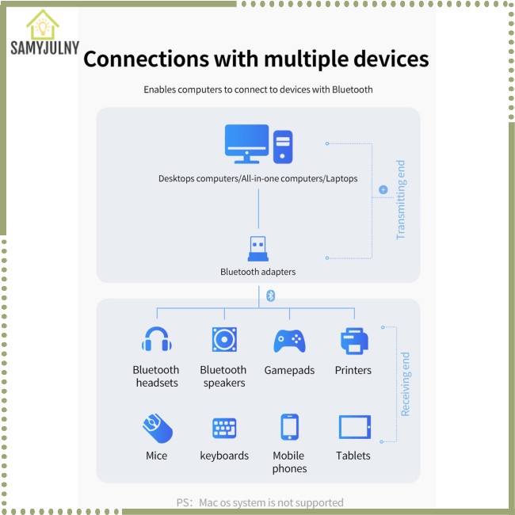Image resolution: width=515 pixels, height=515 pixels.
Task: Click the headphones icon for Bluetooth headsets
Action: [x=156, y=340]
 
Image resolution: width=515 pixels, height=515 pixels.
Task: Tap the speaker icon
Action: [x=223, y=340]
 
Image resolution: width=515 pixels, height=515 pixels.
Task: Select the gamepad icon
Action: [x=289, y=341]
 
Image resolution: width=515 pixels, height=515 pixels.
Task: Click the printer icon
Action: [x=353, y=341]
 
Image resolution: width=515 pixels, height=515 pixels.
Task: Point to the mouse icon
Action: [x=156, y=428]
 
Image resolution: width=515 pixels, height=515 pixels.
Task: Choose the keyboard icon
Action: [x=224, y=428]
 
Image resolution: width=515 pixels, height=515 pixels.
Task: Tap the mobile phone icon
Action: [x=289, y=427]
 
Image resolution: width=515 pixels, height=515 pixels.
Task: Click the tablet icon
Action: [x=353, y=427]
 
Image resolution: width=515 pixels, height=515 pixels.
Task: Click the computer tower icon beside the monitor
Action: [x=283, y=147]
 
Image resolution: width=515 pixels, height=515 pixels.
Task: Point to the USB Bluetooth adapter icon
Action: [x=258, y=249]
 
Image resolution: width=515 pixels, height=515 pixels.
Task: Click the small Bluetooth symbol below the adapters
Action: [x=269, y=295]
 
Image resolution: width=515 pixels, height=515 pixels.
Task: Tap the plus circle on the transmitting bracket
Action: [x=383, y=190]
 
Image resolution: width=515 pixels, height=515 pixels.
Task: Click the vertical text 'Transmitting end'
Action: [x=401, y=200]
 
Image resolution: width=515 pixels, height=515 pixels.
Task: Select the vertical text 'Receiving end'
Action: [x=406, y=384]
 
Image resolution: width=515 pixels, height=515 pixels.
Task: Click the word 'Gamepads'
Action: [x=289, y=370]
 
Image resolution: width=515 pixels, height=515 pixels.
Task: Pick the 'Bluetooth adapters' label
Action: [x=258, y=272]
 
